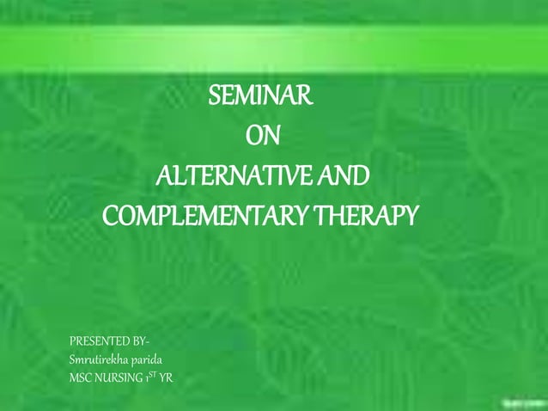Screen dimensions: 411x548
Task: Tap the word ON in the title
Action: [262, 137]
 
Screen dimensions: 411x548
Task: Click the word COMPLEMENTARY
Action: [206, 215]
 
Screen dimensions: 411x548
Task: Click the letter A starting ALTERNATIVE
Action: [162, 176]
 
